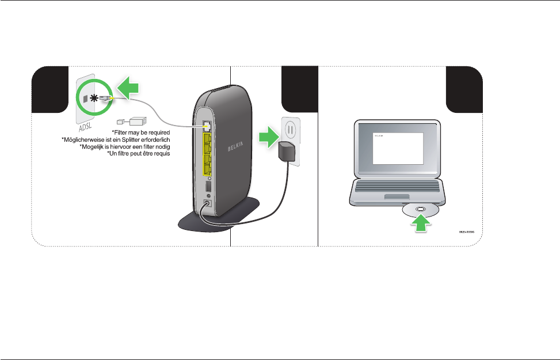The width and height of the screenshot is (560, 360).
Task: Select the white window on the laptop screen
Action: pos(397,148)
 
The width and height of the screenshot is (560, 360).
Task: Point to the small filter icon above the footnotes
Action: pos(131,122)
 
